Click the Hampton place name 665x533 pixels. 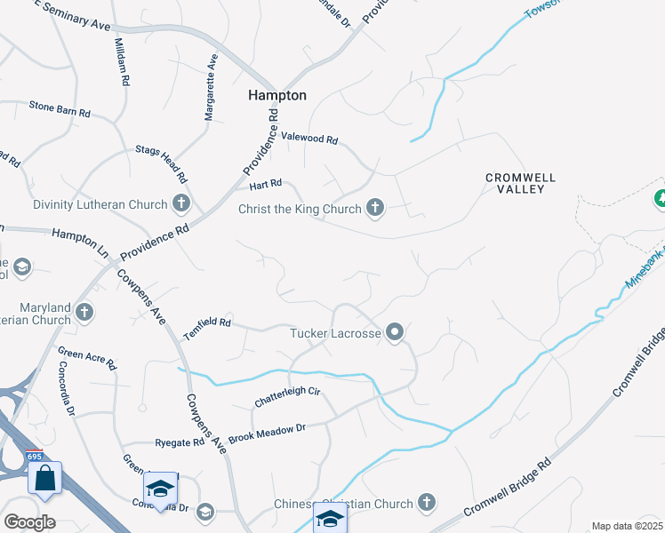pos(276,95)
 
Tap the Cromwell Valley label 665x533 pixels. pos(520,184)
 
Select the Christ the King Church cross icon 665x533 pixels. pos(375,209)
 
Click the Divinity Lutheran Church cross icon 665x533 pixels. pos(180,204)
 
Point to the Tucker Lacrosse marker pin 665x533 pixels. pos(396,333)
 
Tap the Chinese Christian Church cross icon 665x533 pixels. pos(427,503)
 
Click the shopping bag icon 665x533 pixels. pos(44,478)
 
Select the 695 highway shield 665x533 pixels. pos(35,456)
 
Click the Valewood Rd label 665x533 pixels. pos(309,139)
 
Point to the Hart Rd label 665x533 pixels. pos(265,184)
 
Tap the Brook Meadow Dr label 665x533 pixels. pos(267,433)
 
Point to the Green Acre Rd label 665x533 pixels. pos(86,359)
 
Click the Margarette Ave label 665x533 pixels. pos(211,88)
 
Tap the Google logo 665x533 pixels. pos(29,522)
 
